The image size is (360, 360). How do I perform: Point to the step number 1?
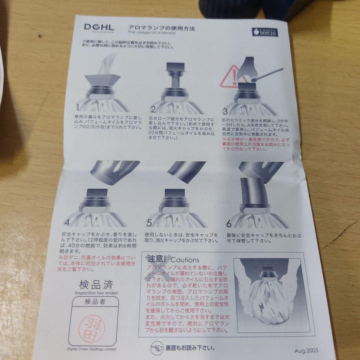click(x=77, y=107)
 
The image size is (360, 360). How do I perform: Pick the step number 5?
click(x=149, y=222)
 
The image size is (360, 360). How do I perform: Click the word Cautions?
click(x=185, y=260)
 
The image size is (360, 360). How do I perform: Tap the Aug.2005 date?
click(x=306, y=350)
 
